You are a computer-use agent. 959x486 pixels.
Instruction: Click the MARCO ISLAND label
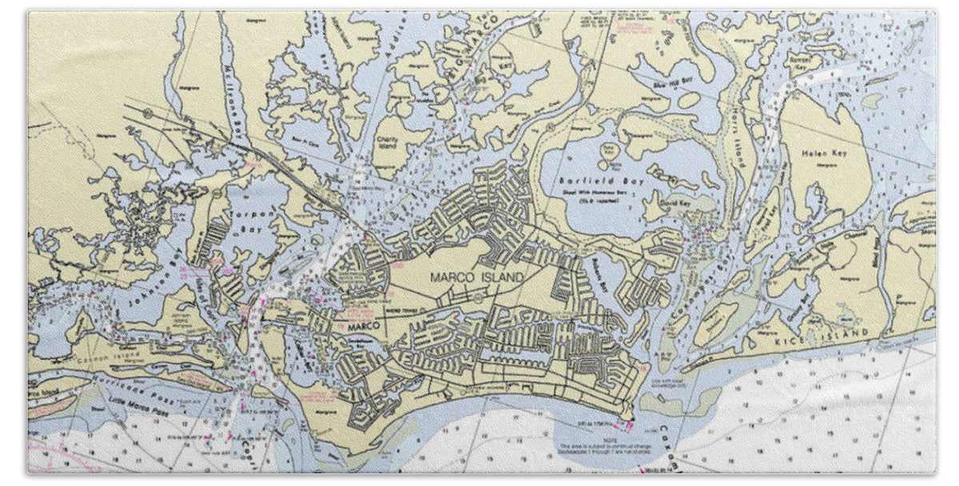[477, 277]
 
